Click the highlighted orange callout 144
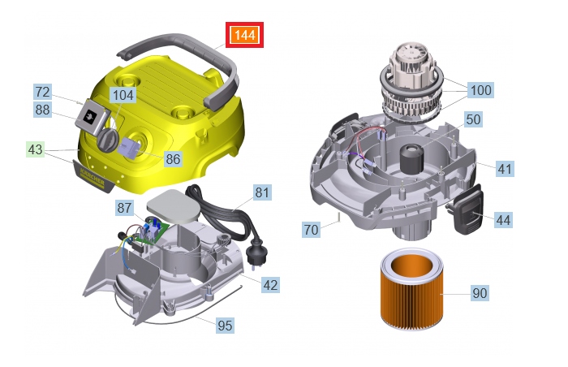point(244,36)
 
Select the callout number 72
point(43,92)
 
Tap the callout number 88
point(43,110)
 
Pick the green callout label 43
point(36,150)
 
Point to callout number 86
point(173,159)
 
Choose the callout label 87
point(124,208)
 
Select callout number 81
point(262,193)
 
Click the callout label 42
point(271,284)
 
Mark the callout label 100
point(480,90)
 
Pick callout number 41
point(505,169)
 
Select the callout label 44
point(503,219)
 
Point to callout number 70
point(311,230)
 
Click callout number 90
point(480,293)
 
